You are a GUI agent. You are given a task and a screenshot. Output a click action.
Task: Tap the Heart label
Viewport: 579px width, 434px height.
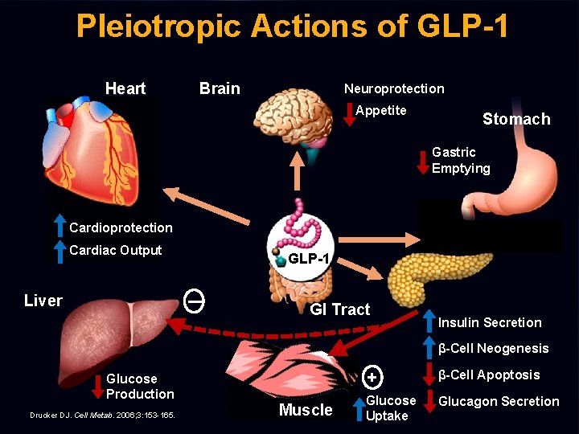[x=125, y=88]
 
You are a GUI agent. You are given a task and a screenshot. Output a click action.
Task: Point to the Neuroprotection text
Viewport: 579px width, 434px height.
[x=394, y=88]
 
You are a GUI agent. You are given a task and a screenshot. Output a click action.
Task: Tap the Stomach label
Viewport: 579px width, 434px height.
[x=516, y=119]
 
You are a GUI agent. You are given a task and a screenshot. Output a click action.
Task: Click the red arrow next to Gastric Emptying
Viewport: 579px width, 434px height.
[x=422, y=161]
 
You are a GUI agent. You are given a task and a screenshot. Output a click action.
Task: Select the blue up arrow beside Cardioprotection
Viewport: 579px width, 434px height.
[x=60, y=227]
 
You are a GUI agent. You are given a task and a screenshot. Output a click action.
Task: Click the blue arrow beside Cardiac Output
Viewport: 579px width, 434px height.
[x=60, y=251]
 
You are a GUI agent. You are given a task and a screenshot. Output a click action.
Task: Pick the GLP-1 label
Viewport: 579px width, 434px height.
[x=308, y=259]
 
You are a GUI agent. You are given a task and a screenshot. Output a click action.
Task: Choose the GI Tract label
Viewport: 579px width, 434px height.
[x=340, y=309]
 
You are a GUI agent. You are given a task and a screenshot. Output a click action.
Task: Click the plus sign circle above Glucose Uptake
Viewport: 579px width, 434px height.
[x=372, y=376]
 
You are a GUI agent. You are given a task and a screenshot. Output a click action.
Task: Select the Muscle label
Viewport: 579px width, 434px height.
[x=305, y=410]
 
